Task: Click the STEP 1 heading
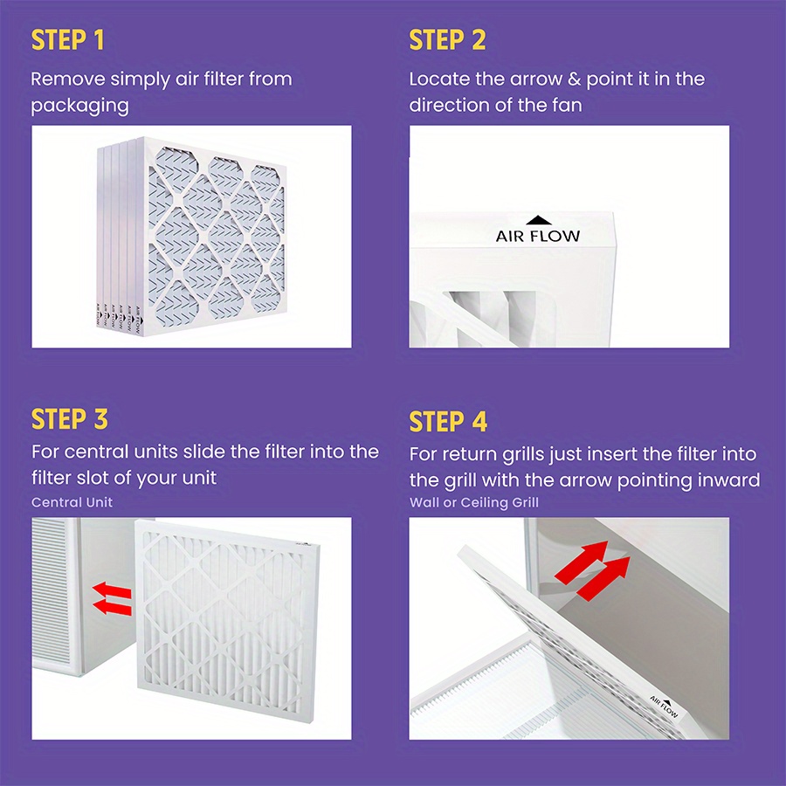point(69,40)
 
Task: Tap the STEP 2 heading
point(447,40)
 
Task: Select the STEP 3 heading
point(70,419)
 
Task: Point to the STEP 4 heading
point(448,422)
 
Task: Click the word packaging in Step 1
point(79,107)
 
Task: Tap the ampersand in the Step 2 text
point(574,79)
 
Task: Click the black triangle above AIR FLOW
point(537,221)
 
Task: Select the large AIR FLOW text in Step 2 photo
point(537,236)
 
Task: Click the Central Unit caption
point(72,502)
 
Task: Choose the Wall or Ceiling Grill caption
point(474,502)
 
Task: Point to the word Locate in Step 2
point(439,79)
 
